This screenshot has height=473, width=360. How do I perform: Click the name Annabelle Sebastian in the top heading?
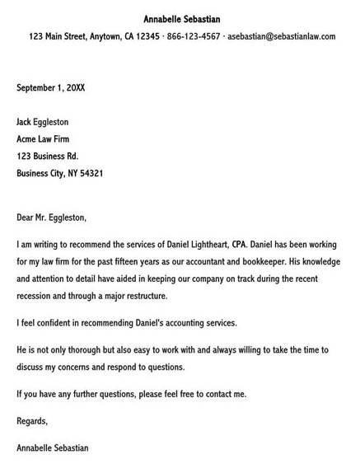tap(181, 19)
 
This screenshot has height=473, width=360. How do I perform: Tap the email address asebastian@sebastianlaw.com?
tap(282, 36)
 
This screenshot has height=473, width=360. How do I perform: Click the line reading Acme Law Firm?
tap(49, 139)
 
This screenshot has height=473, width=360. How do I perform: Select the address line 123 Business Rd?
tap(52, 157)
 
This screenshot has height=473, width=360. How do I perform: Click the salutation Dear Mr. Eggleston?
tap(51, 218)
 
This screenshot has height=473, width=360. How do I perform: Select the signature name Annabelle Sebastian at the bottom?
tap(53, 448)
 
